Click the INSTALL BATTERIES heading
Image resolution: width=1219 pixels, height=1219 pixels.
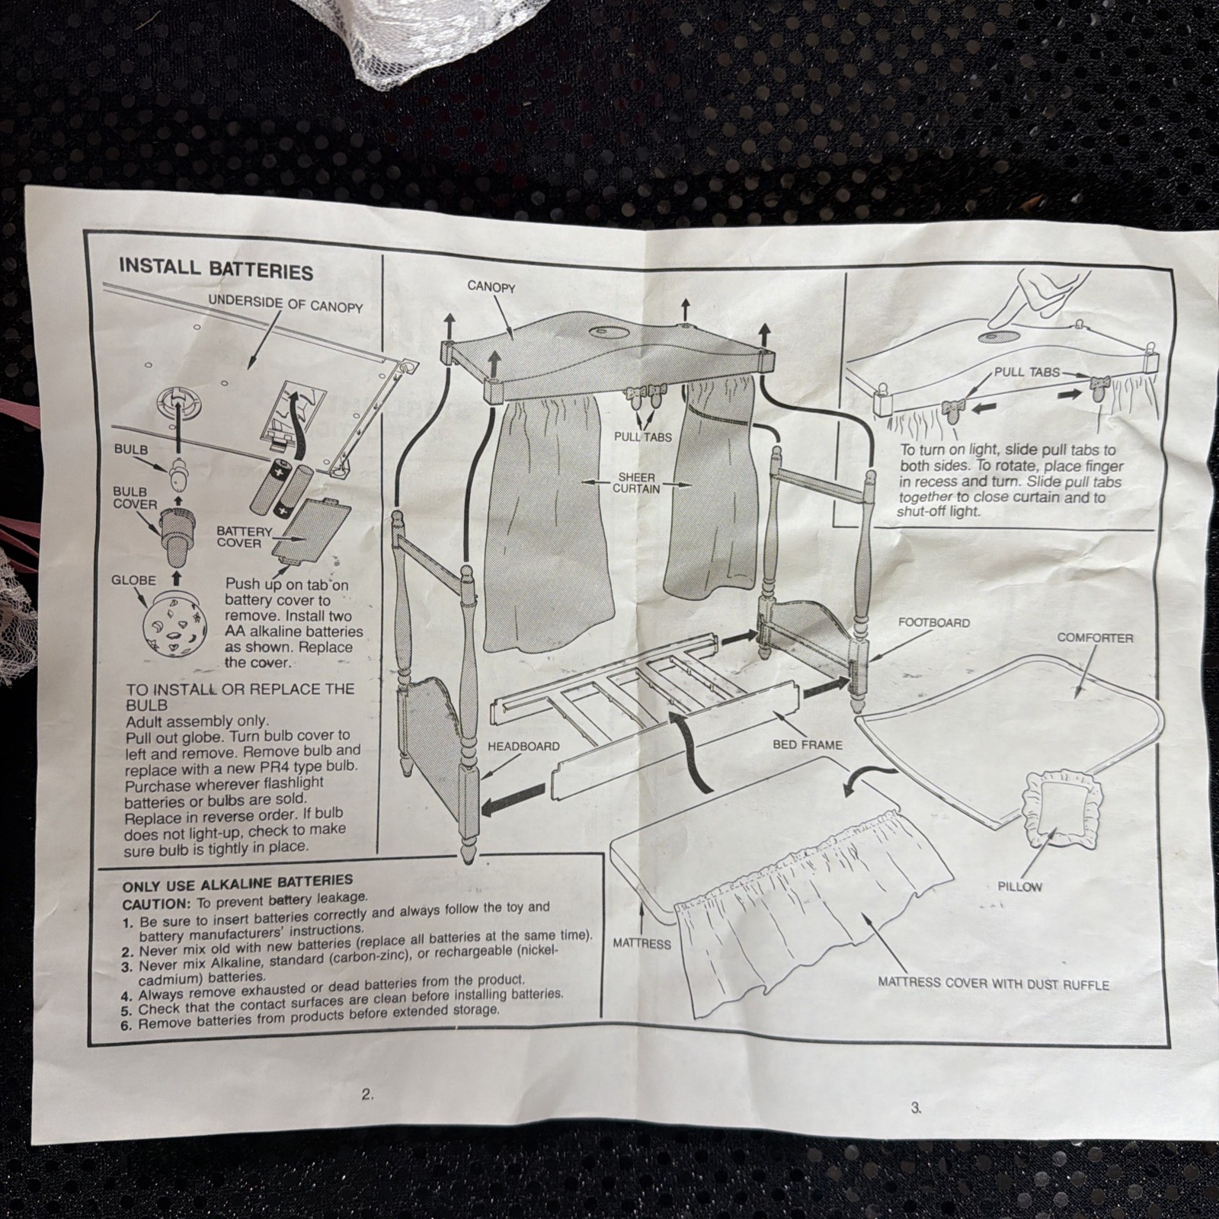click(216, 270)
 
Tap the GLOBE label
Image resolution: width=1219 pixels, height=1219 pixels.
click(133, 581)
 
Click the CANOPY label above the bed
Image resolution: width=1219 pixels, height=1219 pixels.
click(491, 287)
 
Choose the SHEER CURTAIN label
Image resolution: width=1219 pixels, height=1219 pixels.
click(637, 483)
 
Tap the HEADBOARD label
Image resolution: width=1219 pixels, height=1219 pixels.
click(523, 747)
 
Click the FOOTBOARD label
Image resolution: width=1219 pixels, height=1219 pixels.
click(934, 622)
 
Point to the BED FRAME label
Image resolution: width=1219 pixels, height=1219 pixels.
click(808, 744)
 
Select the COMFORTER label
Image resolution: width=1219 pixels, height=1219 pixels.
click(1095, 638)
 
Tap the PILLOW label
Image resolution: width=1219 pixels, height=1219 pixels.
click(1019, 886)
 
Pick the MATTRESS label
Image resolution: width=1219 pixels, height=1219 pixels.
click(641, 944)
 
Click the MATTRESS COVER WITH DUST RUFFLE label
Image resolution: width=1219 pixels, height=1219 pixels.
click(993, 984)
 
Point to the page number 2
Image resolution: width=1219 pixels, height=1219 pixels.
click(367, 1095)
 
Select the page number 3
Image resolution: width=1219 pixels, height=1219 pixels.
click(916, 1109)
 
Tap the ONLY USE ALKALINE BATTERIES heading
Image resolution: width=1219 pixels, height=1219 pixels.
click(238, 884)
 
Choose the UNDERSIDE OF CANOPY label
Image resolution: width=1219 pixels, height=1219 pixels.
click(286, 303)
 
